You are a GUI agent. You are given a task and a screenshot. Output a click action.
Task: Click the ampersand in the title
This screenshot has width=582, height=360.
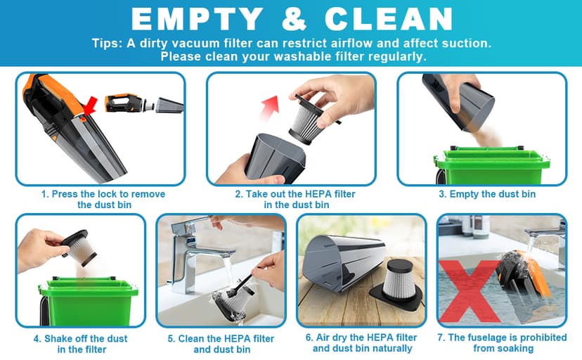coord(294,19)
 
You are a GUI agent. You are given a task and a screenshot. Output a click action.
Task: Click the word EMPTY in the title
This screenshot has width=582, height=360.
coord(198,19)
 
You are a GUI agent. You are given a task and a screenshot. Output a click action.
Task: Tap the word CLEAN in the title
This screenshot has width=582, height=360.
coord(389,19)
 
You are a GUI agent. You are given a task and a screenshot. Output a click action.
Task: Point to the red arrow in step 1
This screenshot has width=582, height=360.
coord(90,105)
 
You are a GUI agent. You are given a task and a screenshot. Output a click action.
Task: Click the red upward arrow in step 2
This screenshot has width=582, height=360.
coord(270,108)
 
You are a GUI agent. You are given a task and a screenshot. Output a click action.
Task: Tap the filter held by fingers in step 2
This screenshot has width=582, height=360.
coord(312,119)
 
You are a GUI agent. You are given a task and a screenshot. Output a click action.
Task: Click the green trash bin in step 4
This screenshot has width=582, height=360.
coord(88,301)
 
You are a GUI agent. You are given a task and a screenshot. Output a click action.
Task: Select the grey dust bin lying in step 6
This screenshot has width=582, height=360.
coord(343,263)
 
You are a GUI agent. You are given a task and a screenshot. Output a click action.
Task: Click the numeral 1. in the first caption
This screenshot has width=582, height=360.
coord(45,194)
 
